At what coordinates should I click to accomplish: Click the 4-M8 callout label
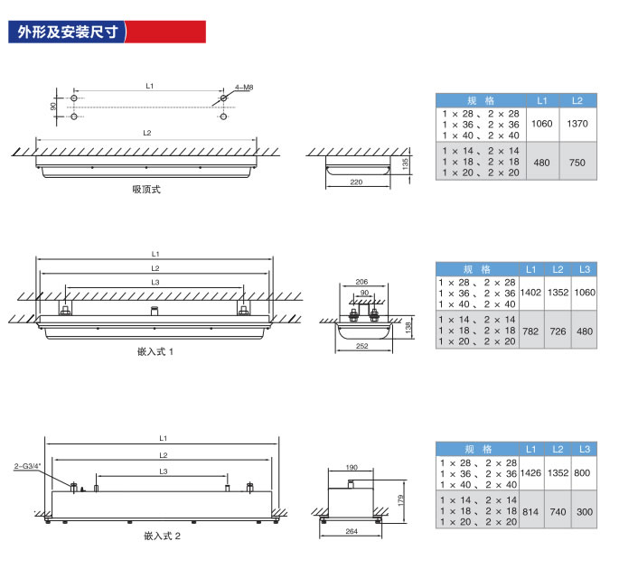pos(243,87)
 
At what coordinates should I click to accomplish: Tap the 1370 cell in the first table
pos(577,123)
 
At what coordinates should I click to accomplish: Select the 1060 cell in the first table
pos(541,123)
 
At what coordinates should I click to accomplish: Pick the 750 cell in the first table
pos(577,162)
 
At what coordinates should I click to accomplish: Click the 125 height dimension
pos(407,163)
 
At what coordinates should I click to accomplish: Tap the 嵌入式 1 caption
pos(150,350)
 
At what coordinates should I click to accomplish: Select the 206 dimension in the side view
pos(361,283)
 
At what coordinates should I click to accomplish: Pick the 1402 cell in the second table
pos(531,293)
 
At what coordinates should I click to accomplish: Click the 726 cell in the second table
pos(558,331)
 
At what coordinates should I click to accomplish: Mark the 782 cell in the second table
pos(531,331)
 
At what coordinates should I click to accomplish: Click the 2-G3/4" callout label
pos(28,467)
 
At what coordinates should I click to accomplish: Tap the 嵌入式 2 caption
pos(163,536)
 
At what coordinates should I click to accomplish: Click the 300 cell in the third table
pos(585,511)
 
